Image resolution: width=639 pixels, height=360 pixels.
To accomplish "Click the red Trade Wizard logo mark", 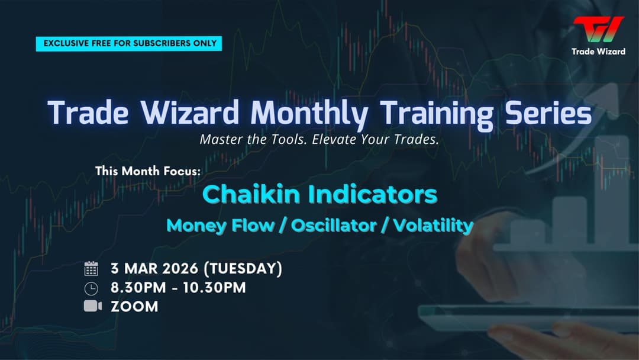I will point(598,30).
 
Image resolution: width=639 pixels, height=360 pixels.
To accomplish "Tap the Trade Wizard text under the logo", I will point(598,52).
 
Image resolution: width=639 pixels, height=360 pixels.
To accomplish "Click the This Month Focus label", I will point(148,171).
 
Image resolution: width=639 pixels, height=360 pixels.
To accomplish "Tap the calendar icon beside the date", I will point(91,269).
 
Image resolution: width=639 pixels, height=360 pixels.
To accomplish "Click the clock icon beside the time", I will point(91,288).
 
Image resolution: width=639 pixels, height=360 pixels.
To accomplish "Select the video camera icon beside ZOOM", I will point(92,306).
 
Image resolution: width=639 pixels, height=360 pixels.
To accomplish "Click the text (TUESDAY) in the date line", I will point(243,268).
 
